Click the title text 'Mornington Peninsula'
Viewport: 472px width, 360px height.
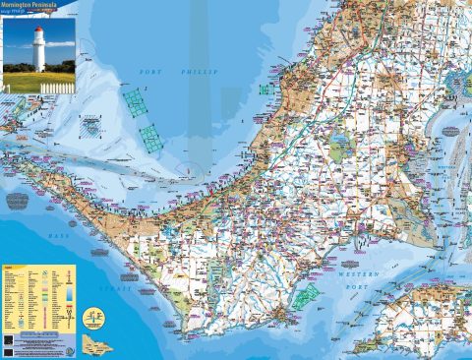(x=37, y=5)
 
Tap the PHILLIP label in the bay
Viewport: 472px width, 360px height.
(x=200, y=73)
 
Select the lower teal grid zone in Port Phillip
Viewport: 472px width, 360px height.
(x=149, y=138)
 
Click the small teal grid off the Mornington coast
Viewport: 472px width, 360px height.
(x=265, y=89)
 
